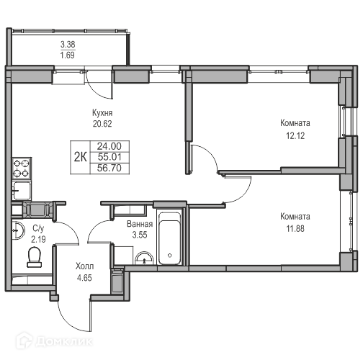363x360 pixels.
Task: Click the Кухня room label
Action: click(x=102, y=113)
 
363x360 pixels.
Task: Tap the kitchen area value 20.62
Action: click(x=102, y=124)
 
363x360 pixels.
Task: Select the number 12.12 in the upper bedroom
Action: click(x=295, y=136)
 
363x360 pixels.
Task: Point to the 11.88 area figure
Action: click(x=295, y=228)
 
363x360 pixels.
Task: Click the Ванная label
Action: click(x=140, y=224)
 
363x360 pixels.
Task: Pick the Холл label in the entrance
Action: click(x=84, y=266)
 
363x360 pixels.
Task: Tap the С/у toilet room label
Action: click(x=38, y=229)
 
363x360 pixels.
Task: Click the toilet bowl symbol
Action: click(x=35, y=258)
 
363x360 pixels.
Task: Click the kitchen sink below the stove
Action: click(x=22, y=191)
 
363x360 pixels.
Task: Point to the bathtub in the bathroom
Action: click(x=169, y=238)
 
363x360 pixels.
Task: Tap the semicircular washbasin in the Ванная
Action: click(x=144, y=258)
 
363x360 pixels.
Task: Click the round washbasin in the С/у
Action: click(x=18, y=230)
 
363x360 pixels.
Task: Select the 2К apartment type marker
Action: click(x=80, y=158)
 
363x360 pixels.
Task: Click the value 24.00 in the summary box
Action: click(x=109, y=146)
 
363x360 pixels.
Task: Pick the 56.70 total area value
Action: click(x=109, y=168)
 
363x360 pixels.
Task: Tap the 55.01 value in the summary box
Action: click(x=109, y=157)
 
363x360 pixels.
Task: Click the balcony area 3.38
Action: click(x=68, y=45)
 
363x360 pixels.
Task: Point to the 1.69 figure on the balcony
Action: click(x=68, y=55)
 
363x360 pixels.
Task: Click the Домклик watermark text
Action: click(x=64, y=341)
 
